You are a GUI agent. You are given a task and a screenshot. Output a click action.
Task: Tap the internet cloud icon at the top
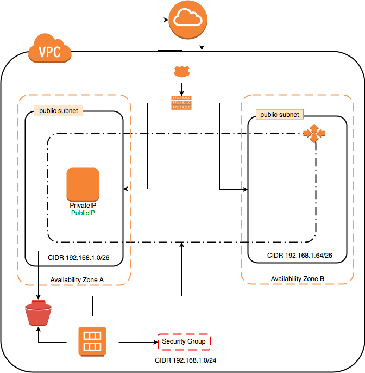(x=187, y=20)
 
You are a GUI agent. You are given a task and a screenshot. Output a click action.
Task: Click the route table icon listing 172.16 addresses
(x=181, y=102)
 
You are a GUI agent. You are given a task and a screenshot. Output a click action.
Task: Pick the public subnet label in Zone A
(x=58, y=111)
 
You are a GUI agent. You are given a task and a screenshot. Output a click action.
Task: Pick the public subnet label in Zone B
(x=280, y=115)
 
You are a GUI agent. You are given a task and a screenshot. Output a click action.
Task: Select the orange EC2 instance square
(x=83, y=184)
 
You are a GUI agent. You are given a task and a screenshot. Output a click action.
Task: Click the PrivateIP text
(x=83, y=206)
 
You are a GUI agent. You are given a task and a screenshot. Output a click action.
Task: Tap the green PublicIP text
(x=83, y=214)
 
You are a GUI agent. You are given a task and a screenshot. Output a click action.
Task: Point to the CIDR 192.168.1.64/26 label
(x=299, y=255)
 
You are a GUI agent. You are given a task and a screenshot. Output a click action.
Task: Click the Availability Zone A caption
(x=77, y=279)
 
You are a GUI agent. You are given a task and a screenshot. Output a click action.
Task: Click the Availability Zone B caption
(x=298, y=278)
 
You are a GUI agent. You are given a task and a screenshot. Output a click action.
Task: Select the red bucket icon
(x=37, y=314)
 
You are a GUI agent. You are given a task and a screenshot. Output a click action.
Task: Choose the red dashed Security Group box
(x=184, y=341)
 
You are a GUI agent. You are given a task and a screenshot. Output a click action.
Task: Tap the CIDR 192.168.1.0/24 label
(x=184, y=360)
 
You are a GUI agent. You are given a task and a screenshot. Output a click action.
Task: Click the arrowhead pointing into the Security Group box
(x=154, y=342)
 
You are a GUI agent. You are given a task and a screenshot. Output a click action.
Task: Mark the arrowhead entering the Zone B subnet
(x=246, y=190)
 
